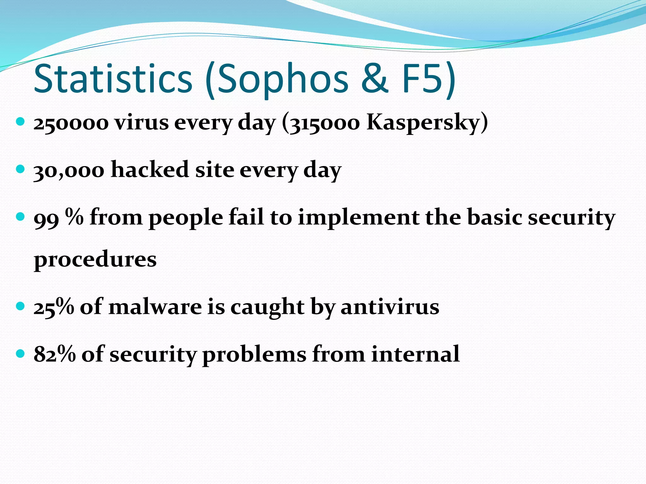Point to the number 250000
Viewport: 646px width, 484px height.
pos(71,123)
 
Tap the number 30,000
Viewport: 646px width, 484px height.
pos(69,170)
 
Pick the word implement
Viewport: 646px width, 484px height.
pos(358,218)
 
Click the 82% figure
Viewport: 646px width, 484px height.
pos(55,354)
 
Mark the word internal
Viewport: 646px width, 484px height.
pos(415,354)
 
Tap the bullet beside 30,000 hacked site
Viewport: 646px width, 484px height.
pos(20,169)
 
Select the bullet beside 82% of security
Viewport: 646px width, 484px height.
pos(20,353)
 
